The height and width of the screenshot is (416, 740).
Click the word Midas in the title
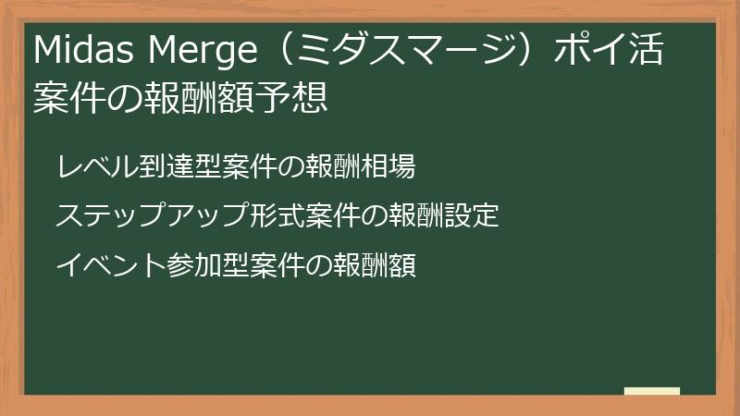click(83, 49)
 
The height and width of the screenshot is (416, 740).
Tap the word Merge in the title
click(203, 52)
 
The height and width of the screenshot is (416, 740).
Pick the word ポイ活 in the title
click(610, 49)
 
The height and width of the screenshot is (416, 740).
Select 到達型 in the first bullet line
click(179, 166)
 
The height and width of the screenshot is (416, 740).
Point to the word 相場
click(388, 166)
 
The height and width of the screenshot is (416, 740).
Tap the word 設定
click(471, 215)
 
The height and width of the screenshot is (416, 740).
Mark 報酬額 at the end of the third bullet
click(375, 264)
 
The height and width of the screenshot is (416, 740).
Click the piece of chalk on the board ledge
click(652, 391)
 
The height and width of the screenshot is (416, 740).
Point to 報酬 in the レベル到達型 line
click(333, 166)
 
